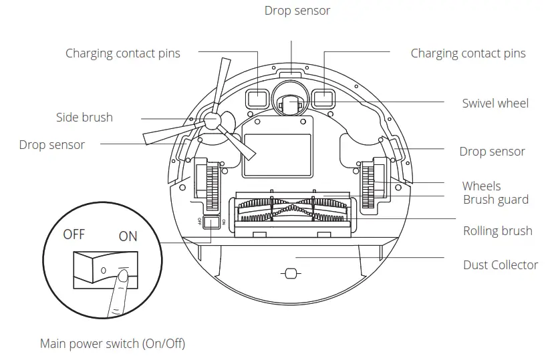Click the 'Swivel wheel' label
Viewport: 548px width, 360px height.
(x=495, y=104)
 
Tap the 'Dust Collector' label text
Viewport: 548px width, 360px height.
(x=500, y=265)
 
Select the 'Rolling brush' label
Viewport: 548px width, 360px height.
(x=497, y=231)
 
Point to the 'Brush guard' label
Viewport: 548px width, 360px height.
(x=495, y=200)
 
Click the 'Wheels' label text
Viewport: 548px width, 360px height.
(x=481, y=186)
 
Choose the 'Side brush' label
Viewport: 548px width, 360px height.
(x=84, y=118)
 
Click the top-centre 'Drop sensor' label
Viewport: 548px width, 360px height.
(x=297, y=11)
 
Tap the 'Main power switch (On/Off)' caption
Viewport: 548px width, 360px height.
(x=112, y=344)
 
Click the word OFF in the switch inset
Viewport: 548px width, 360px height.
(x=74, y=235)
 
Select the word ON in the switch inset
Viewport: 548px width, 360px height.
(x=128, y=236)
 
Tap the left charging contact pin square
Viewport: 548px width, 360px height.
(x=257, y=100)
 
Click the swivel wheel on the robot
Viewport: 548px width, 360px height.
(x=291, y=104)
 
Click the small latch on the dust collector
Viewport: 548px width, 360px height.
(x=289, y=273)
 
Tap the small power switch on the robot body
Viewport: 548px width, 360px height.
(x=211, y=222)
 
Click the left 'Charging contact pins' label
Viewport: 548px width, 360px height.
(x=122, y=53)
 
